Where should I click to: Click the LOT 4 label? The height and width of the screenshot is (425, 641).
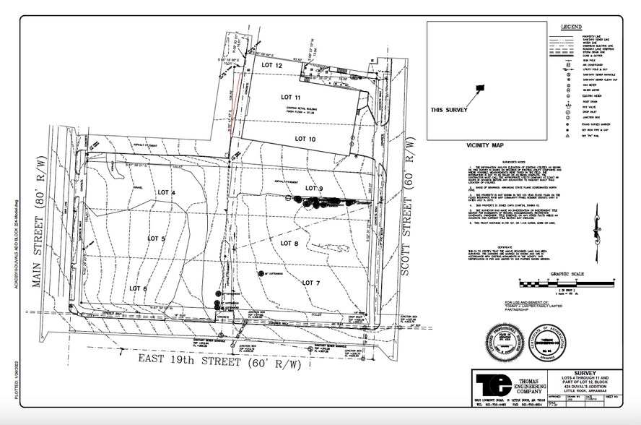(x=167, y=192)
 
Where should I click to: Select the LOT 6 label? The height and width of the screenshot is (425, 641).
(x=138, y=288)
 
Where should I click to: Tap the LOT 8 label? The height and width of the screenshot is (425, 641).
(x=289, y=244)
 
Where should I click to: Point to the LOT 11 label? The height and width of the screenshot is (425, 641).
(x=290, y=97)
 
